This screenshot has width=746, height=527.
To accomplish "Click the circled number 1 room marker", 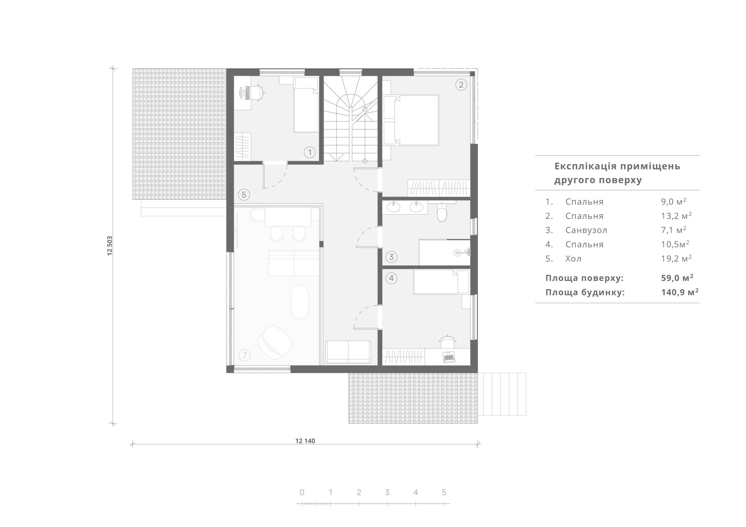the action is (310, 152).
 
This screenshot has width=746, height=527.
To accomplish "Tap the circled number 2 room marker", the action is (461, 85).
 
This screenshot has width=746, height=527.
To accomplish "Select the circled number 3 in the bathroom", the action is (392, 257).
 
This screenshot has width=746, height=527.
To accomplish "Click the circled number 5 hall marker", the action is (244, 195).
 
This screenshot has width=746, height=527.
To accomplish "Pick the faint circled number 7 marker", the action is (245, 356).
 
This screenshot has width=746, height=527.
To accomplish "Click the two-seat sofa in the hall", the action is (348, 352).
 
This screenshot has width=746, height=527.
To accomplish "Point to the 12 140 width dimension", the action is (305, 441).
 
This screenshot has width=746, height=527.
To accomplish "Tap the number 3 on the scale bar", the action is (387, 492).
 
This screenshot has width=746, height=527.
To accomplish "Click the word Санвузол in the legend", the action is (586, 230).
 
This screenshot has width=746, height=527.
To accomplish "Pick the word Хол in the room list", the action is (573, 259).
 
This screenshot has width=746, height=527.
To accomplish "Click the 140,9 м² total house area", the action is (680, 292).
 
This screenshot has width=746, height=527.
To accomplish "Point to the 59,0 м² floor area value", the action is (677, 278).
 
